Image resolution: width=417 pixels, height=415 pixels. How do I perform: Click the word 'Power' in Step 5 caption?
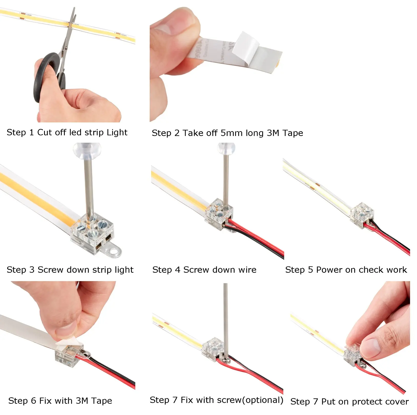[x=329, y=270]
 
